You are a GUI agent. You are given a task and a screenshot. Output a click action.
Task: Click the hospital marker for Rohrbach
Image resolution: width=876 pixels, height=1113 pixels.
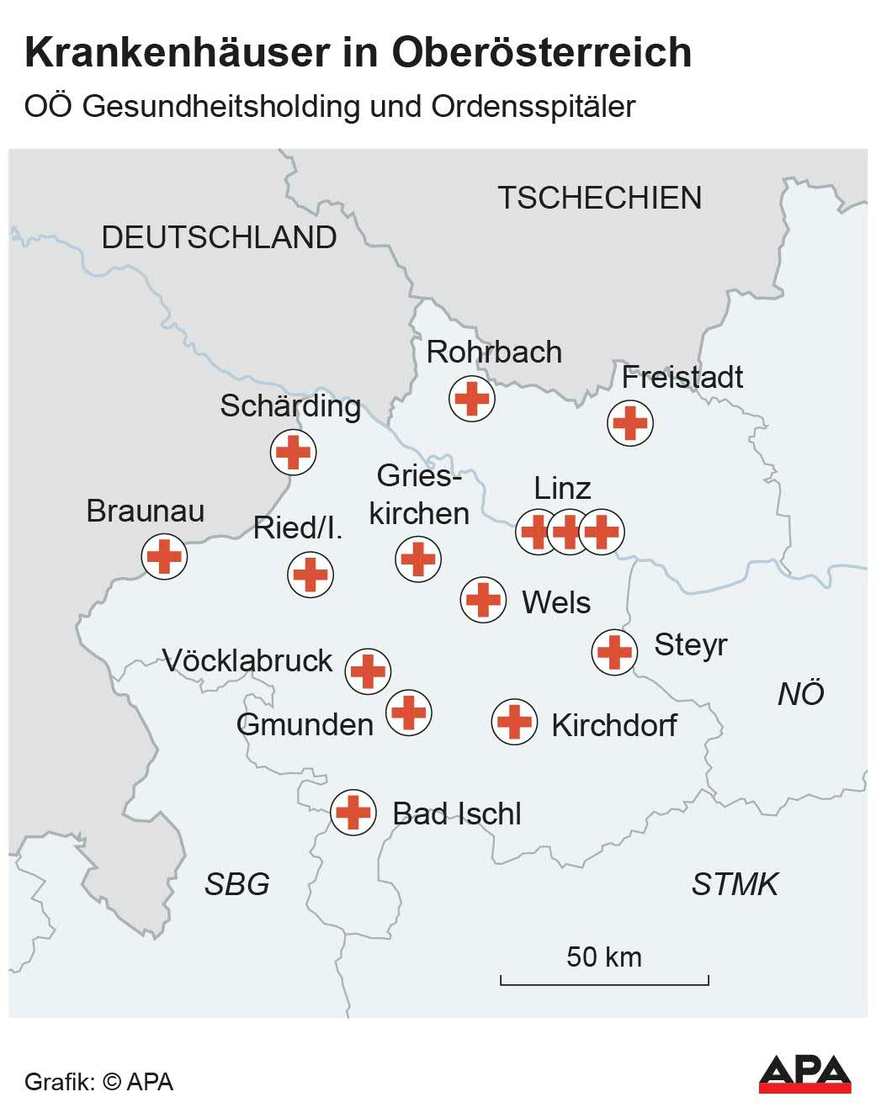coord(471,398)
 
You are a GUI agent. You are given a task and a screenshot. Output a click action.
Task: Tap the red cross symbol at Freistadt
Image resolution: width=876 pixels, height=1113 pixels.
coord(629,422)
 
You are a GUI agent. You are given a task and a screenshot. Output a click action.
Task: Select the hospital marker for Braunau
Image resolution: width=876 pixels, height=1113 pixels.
coord(164,556)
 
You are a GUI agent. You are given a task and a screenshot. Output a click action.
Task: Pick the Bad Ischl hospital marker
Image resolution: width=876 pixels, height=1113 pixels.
coord(353,813)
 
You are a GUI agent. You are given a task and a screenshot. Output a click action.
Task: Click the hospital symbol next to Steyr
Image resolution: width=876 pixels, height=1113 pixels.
coord(613,651)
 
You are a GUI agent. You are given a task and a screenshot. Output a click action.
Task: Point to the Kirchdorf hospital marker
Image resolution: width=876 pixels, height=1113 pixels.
coord(514,722)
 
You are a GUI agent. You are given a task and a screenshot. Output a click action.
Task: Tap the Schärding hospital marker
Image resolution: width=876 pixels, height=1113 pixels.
coord(293,452)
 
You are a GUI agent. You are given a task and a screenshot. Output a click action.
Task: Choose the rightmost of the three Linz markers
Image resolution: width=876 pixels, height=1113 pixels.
coord(602,532)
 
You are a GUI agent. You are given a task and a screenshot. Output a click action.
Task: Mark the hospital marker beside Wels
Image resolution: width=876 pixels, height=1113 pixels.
coord(483,600)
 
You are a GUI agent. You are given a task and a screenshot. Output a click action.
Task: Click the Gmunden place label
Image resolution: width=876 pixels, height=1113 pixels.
coord(305,724)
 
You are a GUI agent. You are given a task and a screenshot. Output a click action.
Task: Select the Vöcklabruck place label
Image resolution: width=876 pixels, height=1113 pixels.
coord(247,660)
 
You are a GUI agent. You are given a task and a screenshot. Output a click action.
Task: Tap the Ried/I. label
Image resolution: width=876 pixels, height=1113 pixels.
coord(298,527)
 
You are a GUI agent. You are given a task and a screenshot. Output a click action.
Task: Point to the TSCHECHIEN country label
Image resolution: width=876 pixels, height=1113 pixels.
coord(599,198)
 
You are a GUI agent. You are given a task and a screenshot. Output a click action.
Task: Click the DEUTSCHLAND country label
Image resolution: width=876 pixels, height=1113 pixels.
coord(219,237)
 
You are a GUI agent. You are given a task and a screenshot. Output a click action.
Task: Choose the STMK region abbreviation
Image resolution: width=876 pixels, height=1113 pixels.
coord(735,884)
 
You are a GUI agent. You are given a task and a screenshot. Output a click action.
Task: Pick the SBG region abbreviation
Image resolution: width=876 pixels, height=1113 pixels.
coord(236,884)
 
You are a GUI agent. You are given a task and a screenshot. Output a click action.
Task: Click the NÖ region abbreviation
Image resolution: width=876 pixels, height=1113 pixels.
coord(800,694)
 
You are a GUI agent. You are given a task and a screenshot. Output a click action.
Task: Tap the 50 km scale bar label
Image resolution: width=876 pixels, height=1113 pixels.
coord(603,957)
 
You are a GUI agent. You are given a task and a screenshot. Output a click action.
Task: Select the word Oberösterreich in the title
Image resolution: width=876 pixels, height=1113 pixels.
coord(541,52)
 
